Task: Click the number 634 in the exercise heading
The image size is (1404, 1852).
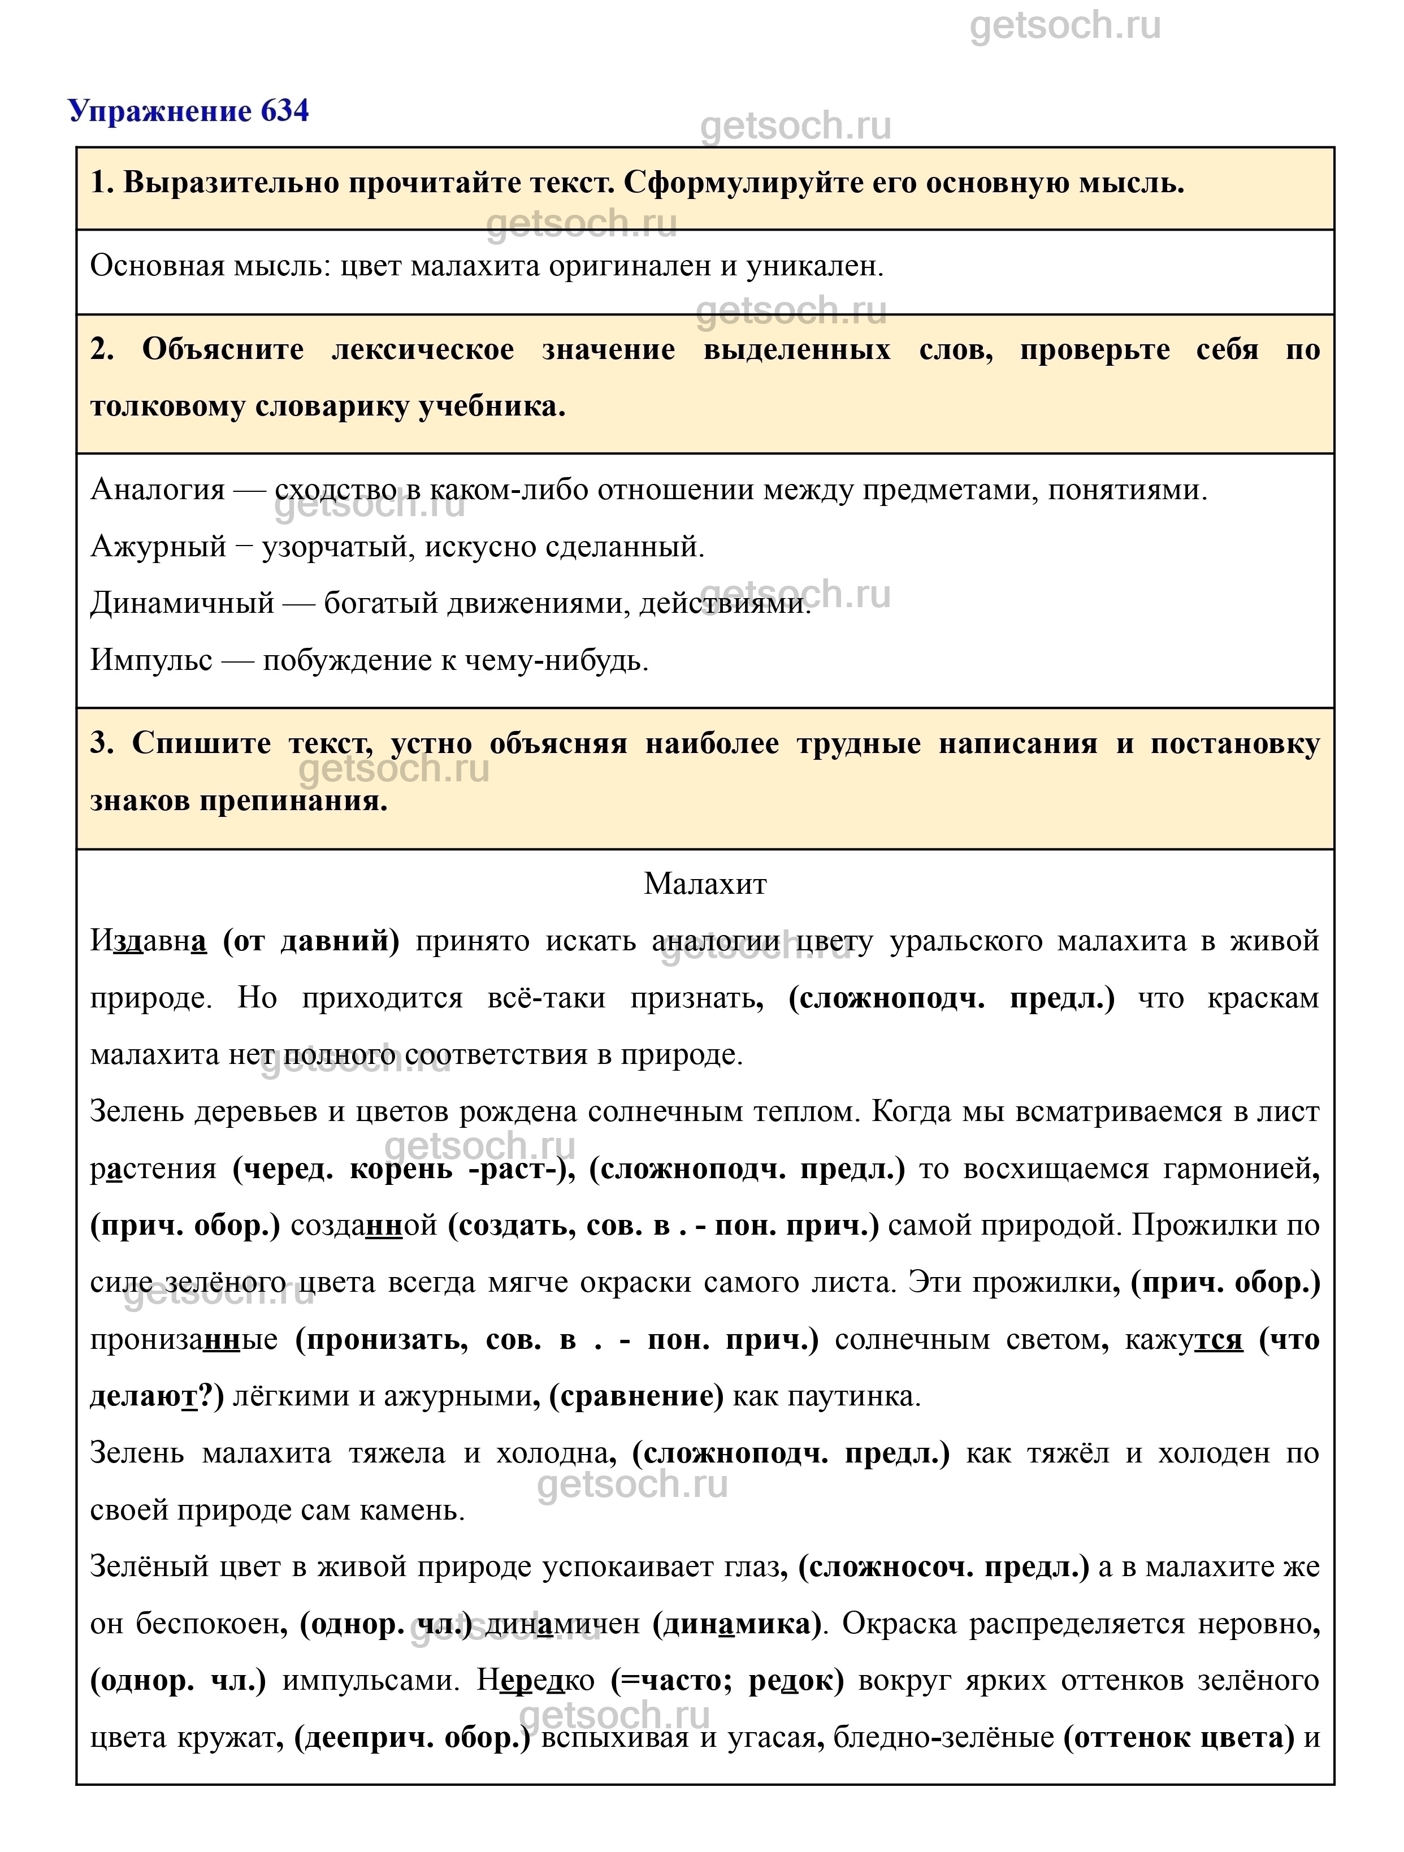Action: [x=285, y=110]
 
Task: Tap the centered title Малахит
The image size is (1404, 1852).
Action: [x=705, y=884]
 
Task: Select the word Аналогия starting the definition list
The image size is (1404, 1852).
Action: [x=157, y=489]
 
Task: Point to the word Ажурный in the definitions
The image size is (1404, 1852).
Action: [x=158, y=547]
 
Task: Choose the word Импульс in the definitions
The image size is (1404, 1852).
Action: [x=151, y=661]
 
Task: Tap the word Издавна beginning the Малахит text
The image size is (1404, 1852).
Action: [x=148, y=941]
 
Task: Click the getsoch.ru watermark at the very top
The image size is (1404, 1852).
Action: [x=1065, y=27]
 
